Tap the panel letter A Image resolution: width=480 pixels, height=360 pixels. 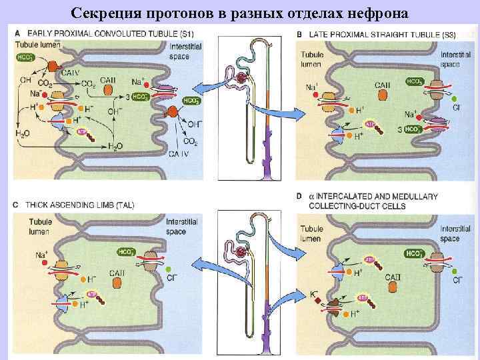click(17, 33)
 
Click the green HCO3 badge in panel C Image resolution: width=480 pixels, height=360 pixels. click(125, 252)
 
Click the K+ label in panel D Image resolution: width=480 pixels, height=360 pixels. click(314, 294)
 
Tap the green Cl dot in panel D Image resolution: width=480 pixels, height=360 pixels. click(454, 272)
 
